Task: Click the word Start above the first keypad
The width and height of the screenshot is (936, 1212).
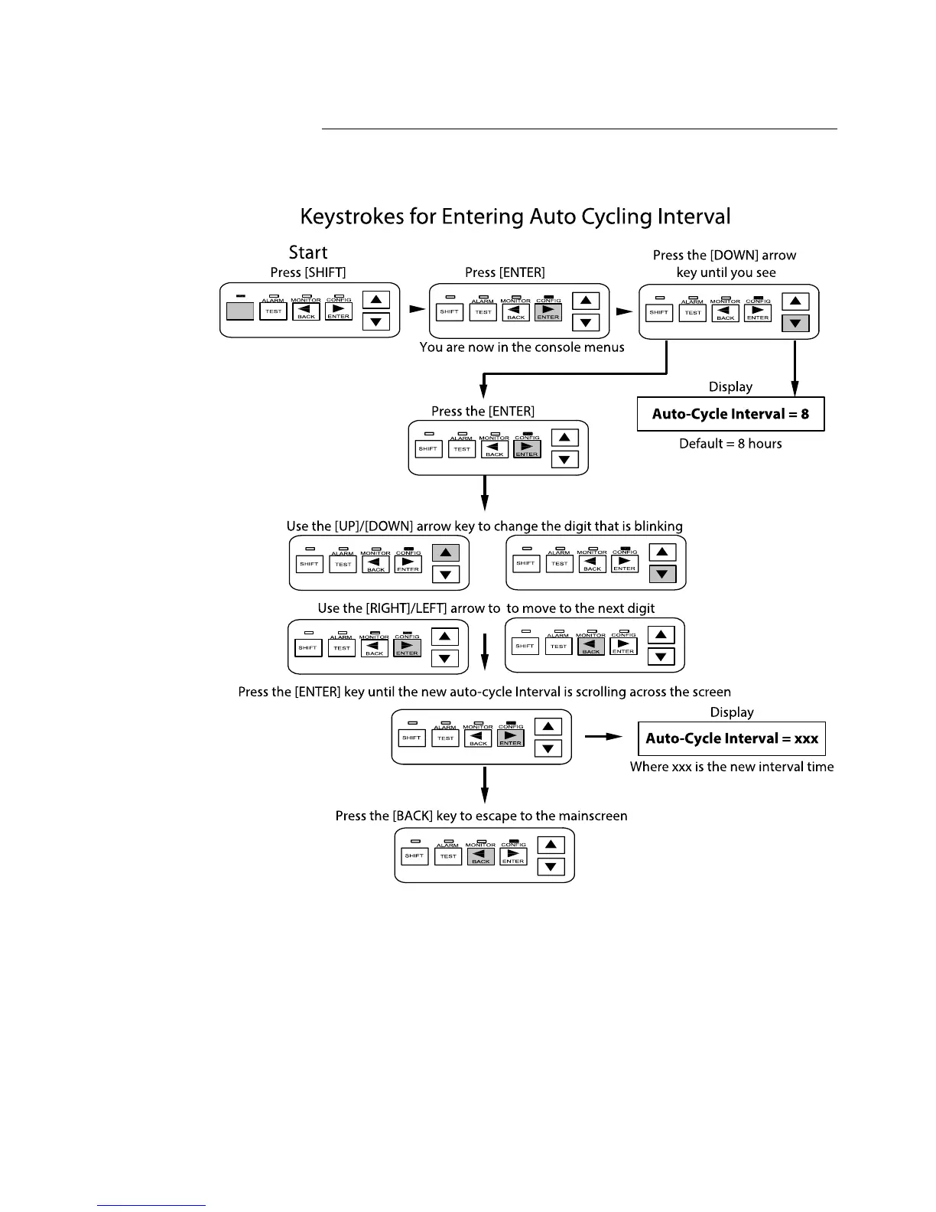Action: pyautogui.click(x=307, y=252)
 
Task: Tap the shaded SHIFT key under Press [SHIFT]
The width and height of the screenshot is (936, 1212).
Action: pyautogui.click(x=240, y=311)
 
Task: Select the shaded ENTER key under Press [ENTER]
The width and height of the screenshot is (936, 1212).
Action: pyautogui.click(x=548, y=312)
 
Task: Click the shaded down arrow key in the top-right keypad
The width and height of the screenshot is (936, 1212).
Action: pyautogui.click(x=795, y=324)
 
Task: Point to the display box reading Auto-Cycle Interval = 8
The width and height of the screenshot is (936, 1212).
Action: pyautogui.click(x=730, y=414)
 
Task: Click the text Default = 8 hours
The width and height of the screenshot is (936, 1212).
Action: pyautogui.click(x=730, y=444)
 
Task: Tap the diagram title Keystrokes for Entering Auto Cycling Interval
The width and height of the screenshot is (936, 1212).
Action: pyautogui.click(x=515, y=217)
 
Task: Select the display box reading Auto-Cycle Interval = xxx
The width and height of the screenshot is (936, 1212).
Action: pyautogui.click(x=732, y=738)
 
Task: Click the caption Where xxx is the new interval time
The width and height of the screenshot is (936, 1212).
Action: pyautogui.click(x=732, y=767)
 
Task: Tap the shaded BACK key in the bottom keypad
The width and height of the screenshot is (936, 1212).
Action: pyautogui.click(x=480, y=856)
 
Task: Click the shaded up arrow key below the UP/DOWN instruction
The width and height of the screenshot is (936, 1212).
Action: pyautogui.click(x=446, y=552)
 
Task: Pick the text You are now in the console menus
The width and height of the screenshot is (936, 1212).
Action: pyautogui.click(x=522, y=347)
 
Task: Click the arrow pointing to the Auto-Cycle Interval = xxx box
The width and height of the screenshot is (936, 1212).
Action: pyautogui.click(x=604, y=737)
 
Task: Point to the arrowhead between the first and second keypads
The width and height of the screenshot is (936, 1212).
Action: pyautogui.click(x=417, y=310)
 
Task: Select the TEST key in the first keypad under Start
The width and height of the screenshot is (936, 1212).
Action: pyautogui.click(x=274, y=311)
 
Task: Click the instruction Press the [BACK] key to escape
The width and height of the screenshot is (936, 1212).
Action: pyautogui.click(x=481, y=816)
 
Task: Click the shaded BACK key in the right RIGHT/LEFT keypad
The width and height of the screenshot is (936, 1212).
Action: pyautogui.click(x=590, y=647)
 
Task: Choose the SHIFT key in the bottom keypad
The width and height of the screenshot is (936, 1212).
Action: pyautogui.click(x=414, y=856)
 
